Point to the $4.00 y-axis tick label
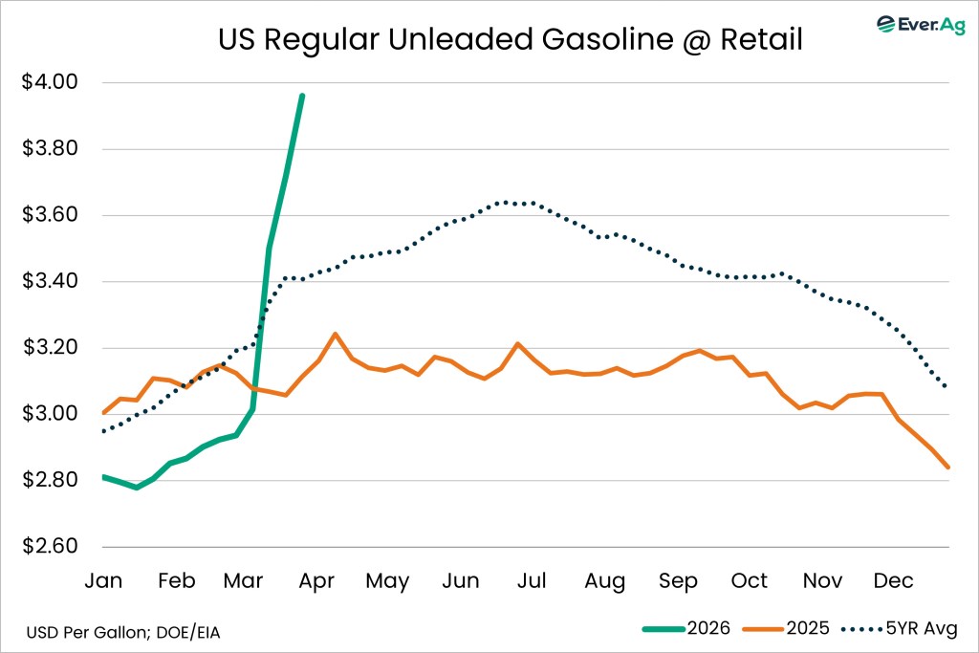coord(49,83)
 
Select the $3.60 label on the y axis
coord(49,216)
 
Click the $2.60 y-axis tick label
coord(49,548)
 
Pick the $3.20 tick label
coord(49,348)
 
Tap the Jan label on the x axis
coord(103,581)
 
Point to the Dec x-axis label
coord(895,581)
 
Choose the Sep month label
coord(677,581)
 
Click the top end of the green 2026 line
coord(302,96)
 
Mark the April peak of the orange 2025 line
coord(335,334)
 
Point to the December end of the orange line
coord(947,467)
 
